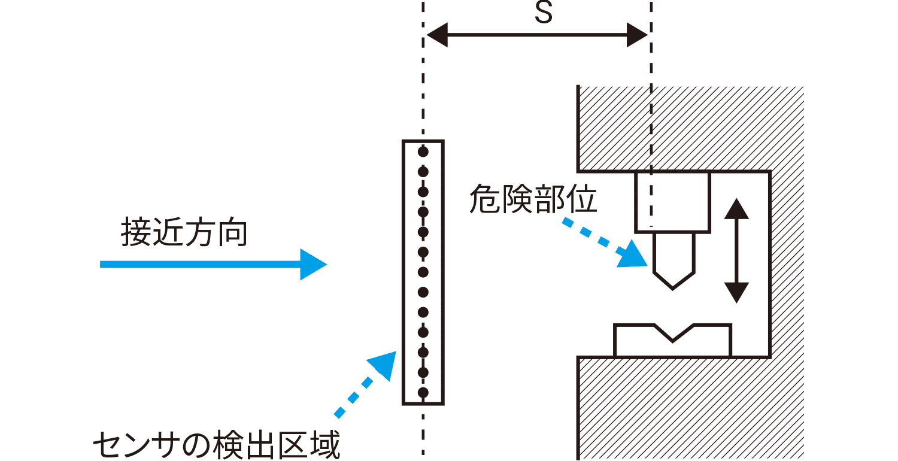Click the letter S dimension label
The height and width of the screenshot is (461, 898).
coord(543,13)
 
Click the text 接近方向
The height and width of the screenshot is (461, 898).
coord(184,232)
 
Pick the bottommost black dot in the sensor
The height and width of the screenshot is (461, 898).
coord(423,393)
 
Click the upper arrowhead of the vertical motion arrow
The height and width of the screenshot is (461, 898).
coord(736,210)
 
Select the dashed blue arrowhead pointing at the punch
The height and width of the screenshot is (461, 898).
coord(635,255)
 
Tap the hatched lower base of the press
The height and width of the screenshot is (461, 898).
coord(688,407)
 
